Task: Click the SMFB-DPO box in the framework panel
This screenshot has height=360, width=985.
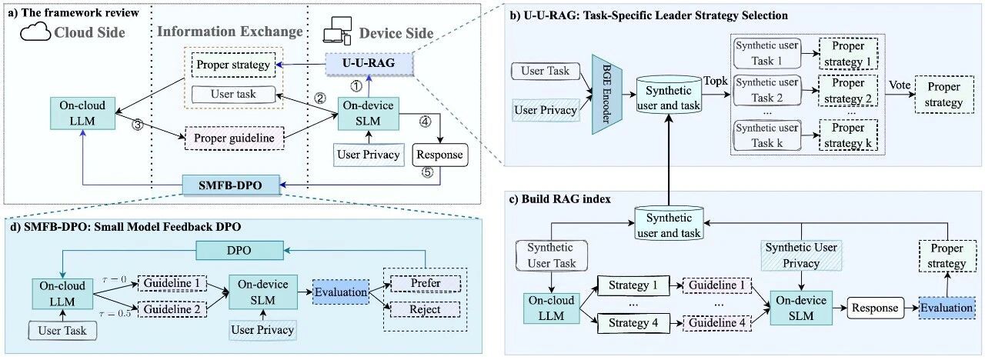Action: [222, 185]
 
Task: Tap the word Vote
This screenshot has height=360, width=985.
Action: [900, 85]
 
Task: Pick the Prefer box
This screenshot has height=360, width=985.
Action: [426, 283]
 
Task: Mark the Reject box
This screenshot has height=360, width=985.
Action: [426, 310]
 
